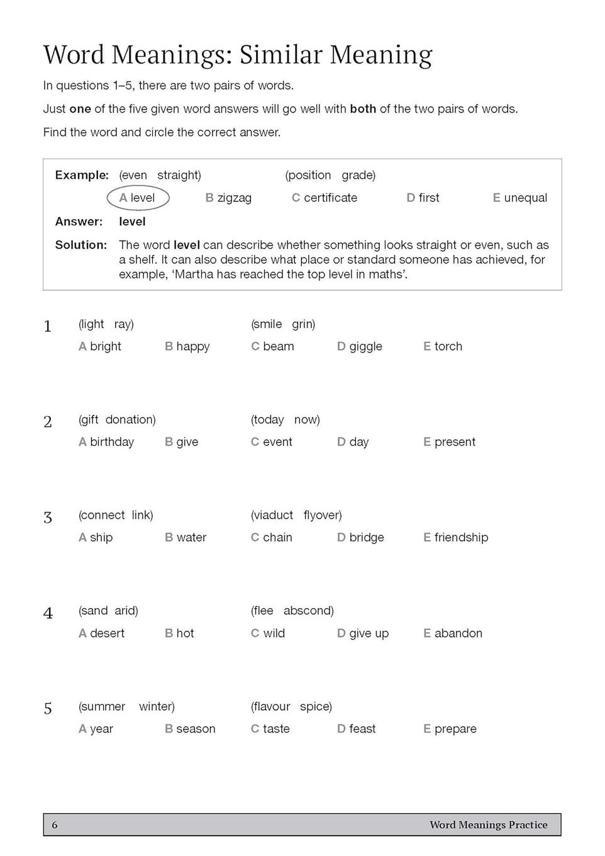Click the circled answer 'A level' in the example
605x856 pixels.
click(138, 198)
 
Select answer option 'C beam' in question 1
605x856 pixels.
click(272, 346)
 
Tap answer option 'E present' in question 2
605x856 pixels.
click(449, 442)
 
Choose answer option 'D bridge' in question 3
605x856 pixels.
click(360, 538)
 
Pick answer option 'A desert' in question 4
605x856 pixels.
click(101, 633)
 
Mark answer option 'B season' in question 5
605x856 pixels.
click(190, 729)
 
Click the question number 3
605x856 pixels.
click(48, 517)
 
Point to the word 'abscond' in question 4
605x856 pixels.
click(308, 611)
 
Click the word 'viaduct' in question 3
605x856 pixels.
click(273, 515)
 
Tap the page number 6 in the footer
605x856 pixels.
click(55, 825)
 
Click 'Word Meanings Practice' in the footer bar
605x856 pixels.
click(488, 825)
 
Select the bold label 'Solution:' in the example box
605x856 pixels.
click(81, 245)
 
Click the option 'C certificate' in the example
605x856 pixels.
click(324, 198)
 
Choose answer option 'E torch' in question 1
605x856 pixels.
click(443, 346)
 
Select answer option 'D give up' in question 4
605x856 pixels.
click(363, 633)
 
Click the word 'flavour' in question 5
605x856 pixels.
click(271, 706)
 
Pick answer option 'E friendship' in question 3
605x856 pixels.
click(455, 538)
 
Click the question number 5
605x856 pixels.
click(48, 709)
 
